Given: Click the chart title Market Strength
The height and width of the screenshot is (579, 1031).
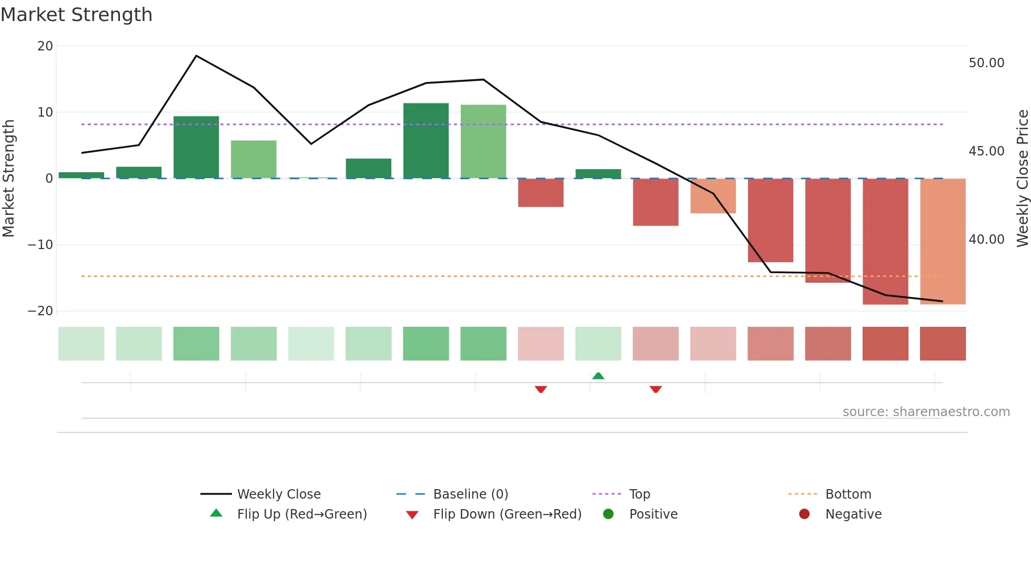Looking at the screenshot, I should pos(76,15).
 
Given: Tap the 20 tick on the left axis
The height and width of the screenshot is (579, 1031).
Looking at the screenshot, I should pos(45,46).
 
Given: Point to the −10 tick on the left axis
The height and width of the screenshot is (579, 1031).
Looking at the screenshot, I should pos(41,245).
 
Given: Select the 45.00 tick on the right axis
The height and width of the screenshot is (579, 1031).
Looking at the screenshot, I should pos(986,151).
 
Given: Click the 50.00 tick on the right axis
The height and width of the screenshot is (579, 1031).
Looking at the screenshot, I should pos(986,63).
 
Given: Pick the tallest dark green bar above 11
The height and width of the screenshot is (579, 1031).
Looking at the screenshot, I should pos(426,141).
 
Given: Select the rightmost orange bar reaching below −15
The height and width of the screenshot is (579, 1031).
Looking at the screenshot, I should pos(942,242).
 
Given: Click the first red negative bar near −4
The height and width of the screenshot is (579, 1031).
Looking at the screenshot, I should pos(540,193).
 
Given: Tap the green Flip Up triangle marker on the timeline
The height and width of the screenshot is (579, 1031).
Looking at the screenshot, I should pos(598,376).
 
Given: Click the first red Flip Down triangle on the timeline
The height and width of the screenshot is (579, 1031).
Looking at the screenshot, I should pos(541,389).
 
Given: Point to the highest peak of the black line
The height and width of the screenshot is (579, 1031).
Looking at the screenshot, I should pos(196,56).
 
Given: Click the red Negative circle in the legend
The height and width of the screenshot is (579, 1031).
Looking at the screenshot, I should pos(804,514).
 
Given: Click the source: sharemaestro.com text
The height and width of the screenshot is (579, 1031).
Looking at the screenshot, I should pos(926,412).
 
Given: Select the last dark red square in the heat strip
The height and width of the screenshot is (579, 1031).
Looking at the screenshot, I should pos(942,344).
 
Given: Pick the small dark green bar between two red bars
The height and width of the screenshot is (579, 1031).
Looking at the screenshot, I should pos(598,174).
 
